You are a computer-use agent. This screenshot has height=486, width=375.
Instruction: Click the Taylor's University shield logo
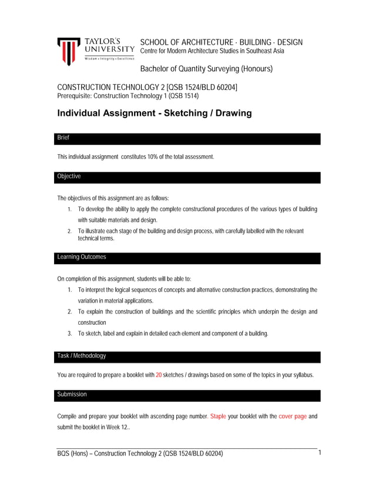[x=68, y=51]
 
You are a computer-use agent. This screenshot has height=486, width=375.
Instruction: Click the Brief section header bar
[x=188, y=138]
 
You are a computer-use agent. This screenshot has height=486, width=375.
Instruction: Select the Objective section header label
[x=69, y=177]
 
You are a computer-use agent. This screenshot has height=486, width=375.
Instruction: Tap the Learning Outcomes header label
[x=82, y=257]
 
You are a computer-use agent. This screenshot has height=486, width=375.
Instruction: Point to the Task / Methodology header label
[x=82, y=356]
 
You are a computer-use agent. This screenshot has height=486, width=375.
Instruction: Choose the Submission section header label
[x=72, y=394]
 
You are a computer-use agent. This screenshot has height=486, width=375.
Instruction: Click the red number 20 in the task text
[x=159, y=375]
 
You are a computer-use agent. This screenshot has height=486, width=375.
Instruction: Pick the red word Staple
[x=217, y=416]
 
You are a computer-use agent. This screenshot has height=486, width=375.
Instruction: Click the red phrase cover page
[x=293, y=416]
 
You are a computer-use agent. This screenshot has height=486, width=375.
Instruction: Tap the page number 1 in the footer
[x=320, y=453]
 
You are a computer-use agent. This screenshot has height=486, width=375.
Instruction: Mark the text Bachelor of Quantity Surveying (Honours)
[x=206, y=69]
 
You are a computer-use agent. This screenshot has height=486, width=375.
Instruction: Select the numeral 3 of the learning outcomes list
[x=70, y=334]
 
